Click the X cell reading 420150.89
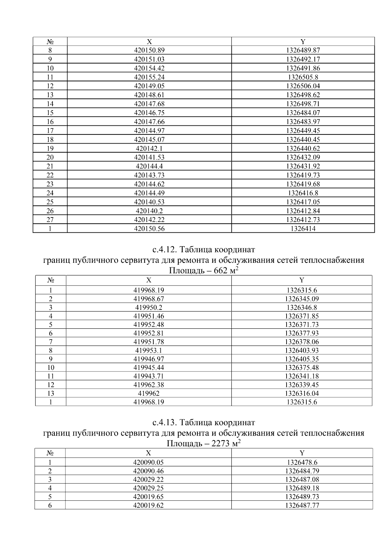149,50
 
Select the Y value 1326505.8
303,77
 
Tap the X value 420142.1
149,148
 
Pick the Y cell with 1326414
303,228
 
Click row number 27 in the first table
50,220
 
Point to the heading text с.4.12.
164,250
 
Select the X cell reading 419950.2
148,308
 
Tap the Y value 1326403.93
301,350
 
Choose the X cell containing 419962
148,393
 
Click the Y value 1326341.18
301,376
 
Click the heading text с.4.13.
164,423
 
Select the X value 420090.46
148,471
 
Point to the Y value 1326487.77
302,505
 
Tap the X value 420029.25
148,488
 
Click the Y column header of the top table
303,41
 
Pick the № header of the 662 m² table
50,280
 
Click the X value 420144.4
149,166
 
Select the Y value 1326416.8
303,193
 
